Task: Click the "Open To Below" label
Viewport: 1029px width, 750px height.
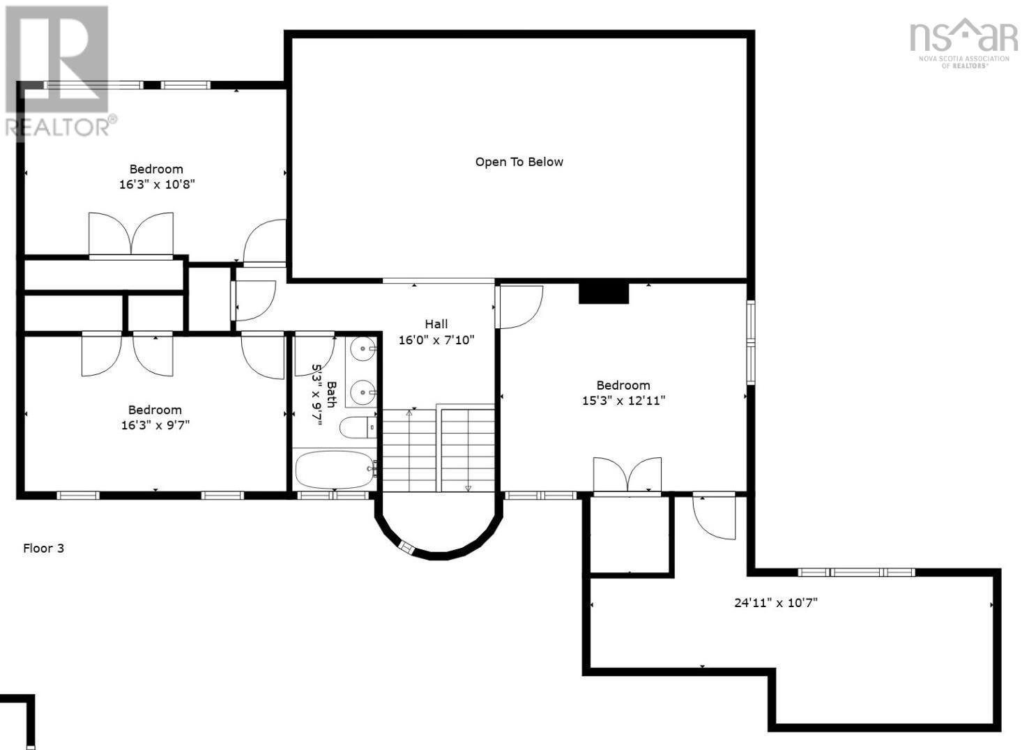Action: pos(519,162)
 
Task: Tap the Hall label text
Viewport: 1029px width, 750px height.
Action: pos(436,324)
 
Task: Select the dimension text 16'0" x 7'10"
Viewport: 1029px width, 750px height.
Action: pos(436,340)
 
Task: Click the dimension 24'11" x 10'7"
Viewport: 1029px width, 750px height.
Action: pos(776,602)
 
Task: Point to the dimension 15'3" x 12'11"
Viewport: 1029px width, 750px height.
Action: pos(623,401)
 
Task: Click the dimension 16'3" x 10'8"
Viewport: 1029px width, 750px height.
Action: pos(157,184)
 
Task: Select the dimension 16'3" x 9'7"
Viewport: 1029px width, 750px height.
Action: pos(155,424)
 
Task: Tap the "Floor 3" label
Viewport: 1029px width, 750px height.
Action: pos(44,548)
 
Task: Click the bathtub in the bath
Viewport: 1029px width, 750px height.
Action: pos(335,469)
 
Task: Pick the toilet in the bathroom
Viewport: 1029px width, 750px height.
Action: pos(358,427)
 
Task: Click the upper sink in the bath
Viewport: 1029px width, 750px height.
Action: pos(363,349)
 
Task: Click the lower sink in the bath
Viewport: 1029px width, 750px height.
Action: pos(363,392)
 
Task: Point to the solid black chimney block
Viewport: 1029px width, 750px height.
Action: pos(603,293)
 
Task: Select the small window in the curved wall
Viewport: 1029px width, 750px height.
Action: pos(406,547)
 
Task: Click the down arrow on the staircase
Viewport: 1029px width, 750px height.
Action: pos(468,488)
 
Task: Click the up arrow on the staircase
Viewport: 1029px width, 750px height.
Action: pos(409,413)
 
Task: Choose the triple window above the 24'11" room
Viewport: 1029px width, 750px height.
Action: pos(856,572)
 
